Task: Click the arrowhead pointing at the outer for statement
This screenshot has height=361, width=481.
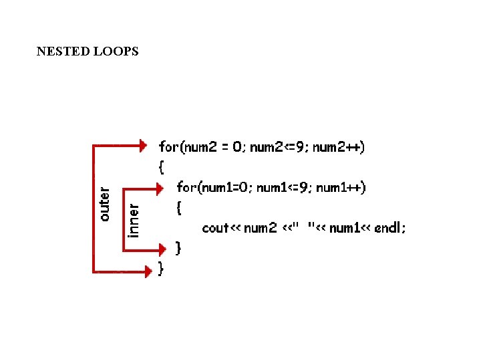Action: pos(142,145)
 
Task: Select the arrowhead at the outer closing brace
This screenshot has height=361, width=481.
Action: pos(148,270)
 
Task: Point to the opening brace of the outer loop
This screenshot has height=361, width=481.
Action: pos(161,167)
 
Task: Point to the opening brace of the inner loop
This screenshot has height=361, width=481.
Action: pos(178,208)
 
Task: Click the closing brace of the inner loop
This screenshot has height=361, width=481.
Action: pos(178,249)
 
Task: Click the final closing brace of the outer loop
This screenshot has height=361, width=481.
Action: pos(161,269)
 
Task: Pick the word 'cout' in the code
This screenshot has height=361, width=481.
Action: pos(215,228)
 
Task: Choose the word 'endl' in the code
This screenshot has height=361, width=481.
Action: pos(389,228)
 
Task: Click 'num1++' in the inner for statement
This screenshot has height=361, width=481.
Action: pos(341,188)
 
